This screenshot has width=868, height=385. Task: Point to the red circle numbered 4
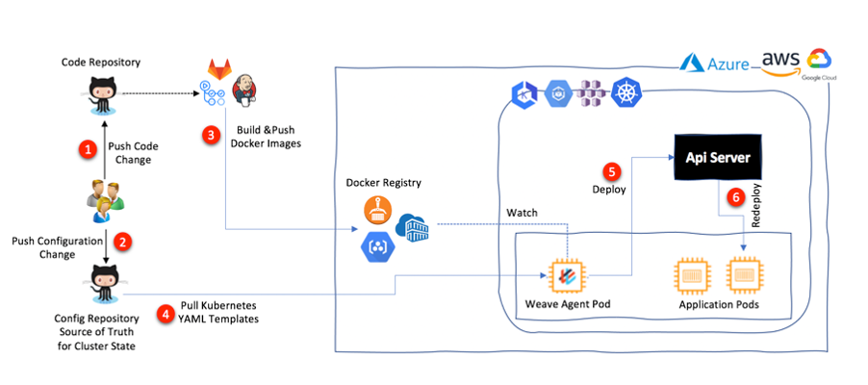(x=166, y=312)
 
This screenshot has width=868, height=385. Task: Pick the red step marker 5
(x=612, y=171)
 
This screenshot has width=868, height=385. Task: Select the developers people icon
(x=102, y=196)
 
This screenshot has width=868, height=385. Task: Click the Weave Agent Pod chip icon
(x=567, y=275)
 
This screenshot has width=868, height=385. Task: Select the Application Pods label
(x=717, y=306)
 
